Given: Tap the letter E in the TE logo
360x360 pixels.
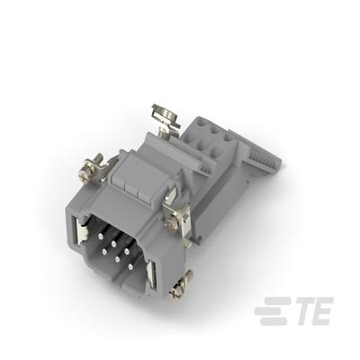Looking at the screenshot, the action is (x=323, y=311).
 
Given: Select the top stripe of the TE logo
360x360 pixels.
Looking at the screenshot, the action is (x=276, y=301).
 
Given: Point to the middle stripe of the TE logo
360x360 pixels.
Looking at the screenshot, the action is (x=271, y=311).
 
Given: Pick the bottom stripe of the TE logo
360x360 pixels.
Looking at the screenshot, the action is (x=274, y=321).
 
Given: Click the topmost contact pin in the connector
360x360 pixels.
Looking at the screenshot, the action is (x=100, y=236).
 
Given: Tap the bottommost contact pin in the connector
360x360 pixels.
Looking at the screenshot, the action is (x=130, y=265).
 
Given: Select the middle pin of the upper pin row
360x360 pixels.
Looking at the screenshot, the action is (x=113, y=243).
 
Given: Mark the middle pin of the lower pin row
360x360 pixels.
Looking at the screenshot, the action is (x=117, y=258).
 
